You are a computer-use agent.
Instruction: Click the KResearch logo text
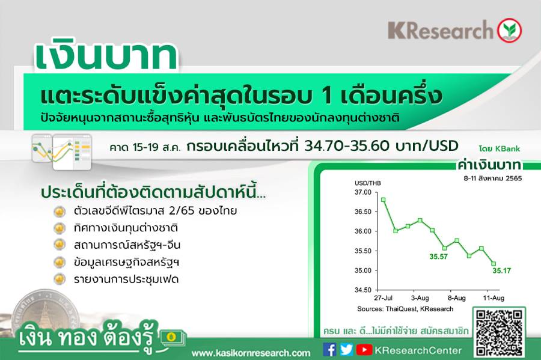coord(441,30)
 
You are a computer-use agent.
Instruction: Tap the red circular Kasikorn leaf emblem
coord(509,30)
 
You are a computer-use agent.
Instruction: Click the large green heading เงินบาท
coord(106,56)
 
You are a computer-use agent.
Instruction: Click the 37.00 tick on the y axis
coord(363,192)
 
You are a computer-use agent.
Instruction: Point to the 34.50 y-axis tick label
coord(363,290)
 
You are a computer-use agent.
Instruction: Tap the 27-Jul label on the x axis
coord(384,298)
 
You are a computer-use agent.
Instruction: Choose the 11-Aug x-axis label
coord(494,298)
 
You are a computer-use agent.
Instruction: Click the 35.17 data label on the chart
coord(502,270)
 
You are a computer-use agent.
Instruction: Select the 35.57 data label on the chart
coord(439,257)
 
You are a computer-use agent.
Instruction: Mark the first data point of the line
coord(384,200)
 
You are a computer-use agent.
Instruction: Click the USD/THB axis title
coord(368,183)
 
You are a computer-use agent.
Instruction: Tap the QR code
coord(498,332)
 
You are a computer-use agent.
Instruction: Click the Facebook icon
coord(330,350)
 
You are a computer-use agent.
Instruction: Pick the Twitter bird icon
coord(346,350)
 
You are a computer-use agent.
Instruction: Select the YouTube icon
coord(364,350)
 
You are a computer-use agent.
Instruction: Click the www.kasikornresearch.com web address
coord(251,353)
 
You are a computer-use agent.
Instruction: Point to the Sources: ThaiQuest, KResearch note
coord(405,309)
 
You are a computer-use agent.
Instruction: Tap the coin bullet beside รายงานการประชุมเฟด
coord(60,279)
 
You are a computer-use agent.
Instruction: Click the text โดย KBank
coord(500,149)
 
